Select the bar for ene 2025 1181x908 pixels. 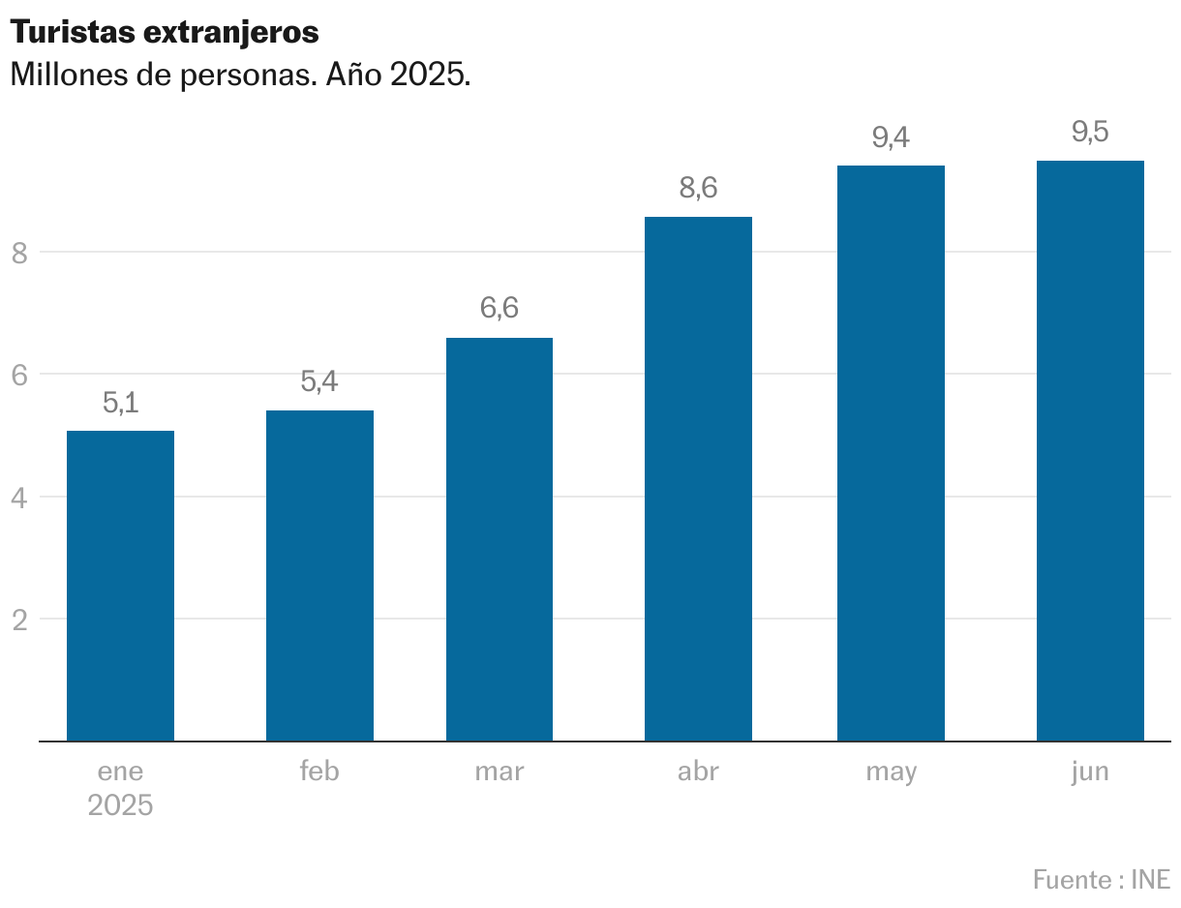tap(120, 586)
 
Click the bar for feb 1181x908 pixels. tap(319, 576)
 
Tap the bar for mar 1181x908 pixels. tap(500, 539)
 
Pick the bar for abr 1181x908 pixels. tap(698, 479)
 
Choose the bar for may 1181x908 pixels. tap(891, 453)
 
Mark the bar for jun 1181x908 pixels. tap(1090, 450)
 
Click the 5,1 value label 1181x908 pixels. tap(120, 403)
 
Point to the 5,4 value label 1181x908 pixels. tap(319, 381)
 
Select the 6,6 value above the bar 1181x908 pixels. tap(500, 309)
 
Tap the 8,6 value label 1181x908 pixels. tap(698, 188)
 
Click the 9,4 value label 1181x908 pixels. tap(891, 137)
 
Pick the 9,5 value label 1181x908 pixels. tap(1090, 132)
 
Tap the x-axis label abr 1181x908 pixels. tap(698, 772)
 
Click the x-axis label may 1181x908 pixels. tap(891, 772)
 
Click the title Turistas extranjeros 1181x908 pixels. tap(165, 32)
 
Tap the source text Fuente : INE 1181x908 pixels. tap(1101, 880)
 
